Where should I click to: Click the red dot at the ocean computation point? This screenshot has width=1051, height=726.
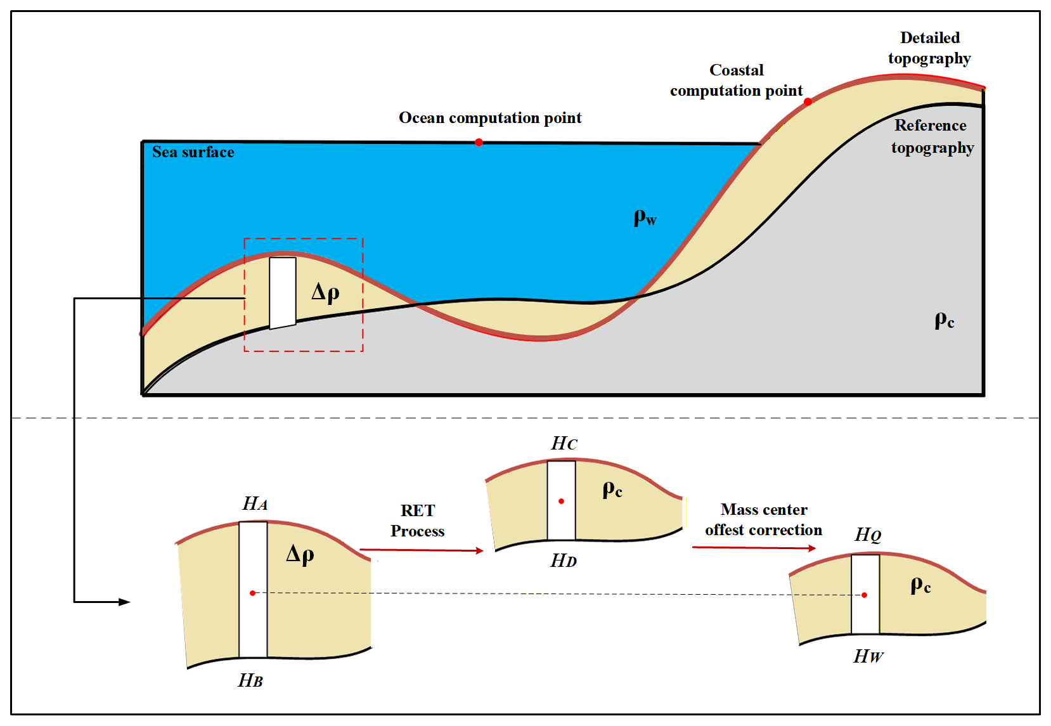(479, 143)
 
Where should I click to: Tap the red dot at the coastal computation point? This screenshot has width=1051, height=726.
(808, 101)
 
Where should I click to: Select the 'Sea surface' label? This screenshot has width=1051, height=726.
(193, 152)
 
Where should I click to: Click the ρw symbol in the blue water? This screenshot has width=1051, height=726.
(645, 218)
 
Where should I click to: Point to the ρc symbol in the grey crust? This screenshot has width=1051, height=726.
(944, 320)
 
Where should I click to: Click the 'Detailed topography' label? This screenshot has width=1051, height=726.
(929, 48)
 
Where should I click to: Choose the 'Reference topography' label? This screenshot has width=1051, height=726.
(931, 136)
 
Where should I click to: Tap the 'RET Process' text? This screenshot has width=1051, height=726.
(418, 521)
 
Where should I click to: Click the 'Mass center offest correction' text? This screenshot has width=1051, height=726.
(763, 520)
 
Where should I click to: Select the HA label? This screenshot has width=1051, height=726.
(255, 504)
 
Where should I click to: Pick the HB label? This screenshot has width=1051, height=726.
(250, 681)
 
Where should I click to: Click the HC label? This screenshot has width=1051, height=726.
(564, 444)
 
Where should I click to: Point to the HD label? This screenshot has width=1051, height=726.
(564, 561)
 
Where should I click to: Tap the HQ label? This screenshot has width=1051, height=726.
(868, 535)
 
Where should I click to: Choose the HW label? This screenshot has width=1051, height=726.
(868, 657)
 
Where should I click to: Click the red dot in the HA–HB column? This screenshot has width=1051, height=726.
(252, 593)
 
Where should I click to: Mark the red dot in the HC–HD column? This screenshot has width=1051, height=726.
(561, 502)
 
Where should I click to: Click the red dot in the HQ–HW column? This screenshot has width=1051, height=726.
(864, 595)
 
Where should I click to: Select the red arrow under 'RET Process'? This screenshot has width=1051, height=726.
(422, 550)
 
